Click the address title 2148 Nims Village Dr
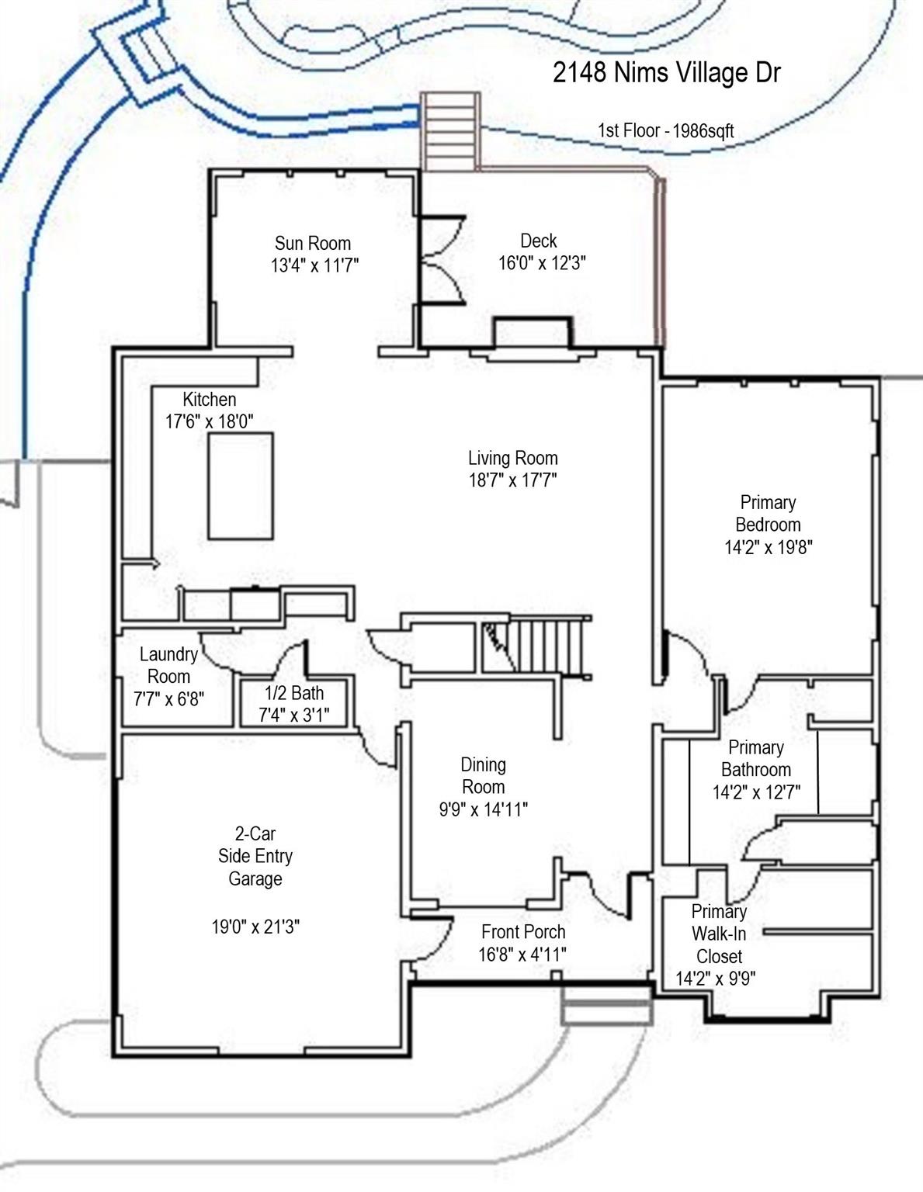coord(666,72)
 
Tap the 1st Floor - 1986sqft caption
coord(665,130)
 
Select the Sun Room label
coord(313,243)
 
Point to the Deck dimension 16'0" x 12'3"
coord(542,263)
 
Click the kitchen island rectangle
coord(241,486)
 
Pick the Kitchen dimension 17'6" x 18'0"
coord(210,421)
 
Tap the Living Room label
coord(512,458)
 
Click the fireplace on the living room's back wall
coord(533,334)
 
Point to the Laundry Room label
coord(168,665)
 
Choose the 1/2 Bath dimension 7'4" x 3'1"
coord(294,715)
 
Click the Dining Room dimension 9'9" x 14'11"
coord(484,809)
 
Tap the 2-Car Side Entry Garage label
coord(255,856)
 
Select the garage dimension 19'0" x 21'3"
coord(255,927)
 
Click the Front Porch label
coord(523,931)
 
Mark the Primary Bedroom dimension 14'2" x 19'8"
coord(769,547)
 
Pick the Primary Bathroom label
coord(756,758)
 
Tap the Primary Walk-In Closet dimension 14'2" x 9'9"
coord(716,979)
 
